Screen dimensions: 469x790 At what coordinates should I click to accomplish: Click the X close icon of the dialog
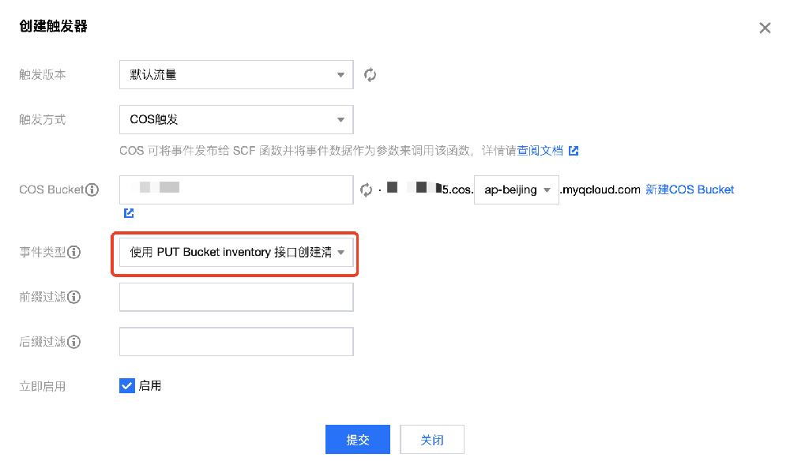coord(765,28)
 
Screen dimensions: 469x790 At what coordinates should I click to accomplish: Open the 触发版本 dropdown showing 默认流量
coord(235,75)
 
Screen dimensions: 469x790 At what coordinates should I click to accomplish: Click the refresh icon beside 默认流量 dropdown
coord(370,75)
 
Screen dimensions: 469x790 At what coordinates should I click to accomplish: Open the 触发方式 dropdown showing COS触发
coord(235,120)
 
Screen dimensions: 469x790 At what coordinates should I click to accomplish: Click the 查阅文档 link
coord(540,150)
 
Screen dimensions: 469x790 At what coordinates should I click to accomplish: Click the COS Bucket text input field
coord(235,189)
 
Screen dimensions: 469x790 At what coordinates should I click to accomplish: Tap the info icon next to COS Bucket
coord(92,189)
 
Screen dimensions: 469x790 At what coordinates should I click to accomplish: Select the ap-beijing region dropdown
coord(516,189)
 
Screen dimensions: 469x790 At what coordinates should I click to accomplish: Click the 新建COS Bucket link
coord(690,189)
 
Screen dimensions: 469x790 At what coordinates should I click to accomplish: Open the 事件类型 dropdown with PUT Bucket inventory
coord(235,253)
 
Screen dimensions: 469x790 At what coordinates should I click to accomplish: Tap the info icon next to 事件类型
coord(75,253)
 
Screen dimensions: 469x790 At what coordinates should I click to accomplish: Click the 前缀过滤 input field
coord(235,297)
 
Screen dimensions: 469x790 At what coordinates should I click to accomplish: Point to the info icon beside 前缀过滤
coord(75,297)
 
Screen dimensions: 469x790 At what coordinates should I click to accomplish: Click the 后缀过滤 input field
coord(235,342)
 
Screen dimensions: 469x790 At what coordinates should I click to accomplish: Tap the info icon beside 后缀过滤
coord(75,342)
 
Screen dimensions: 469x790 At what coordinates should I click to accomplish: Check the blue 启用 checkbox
coord(126,385)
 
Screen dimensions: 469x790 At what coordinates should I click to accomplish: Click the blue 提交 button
coord(357,440)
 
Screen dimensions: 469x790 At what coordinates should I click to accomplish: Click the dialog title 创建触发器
coord(53,27)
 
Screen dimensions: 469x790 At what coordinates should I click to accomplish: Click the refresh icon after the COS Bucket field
coord(366,189)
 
